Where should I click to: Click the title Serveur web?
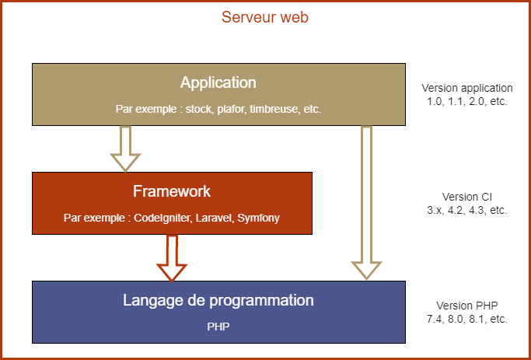(x=265, y=17)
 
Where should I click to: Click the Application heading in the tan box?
(x=218, y=83)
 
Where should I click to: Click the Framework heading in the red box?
(x=172, y=191)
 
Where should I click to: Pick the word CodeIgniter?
(x=161, y=218)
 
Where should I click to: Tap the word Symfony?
(x=258, y=218)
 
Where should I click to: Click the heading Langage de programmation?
(x=218, y=301)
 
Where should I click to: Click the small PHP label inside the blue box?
(x=218, y=327)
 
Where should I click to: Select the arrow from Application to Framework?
(x=125, y=149)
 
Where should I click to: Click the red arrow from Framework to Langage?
(x=172, y=257)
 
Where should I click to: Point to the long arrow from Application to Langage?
(x=366, y=203)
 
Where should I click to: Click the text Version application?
(x=467, y=88)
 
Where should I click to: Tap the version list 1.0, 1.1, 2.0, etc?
(x=467, y=101)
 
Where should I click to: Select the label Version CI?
(x=467, y=197)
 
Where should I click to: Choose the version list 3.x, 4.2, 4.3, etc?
(x=467, y=210)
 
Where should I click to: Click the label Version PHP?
(x=467, y=306)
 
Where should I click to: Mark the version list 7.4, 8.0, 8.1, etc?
(x=467, y=319)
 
